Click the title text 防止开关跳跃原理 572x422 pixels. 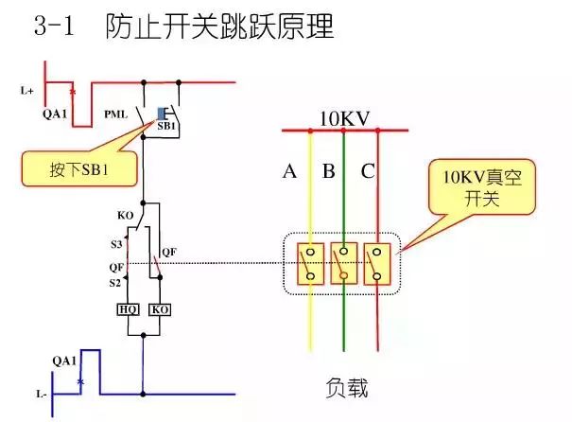click(220, 26)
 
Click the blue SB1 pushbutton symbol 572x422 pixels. click(163, 113)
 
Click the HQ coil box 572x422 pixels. click(127, 309)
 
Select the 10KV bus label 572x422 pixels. click(344, 118)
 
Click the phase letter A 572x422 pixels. click(290, 171)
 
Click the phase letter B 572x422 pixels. click(328, 171)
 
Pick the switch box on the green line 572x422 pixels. click(344, 263)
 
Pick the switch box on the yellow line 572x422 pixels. click(309, 263)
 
